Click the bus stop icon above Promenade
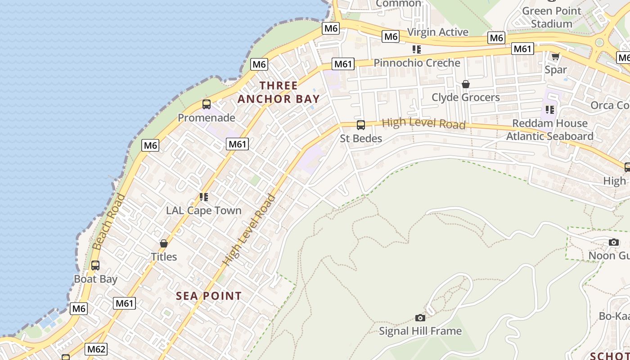coord(207,104)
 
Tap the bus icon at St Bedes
coord(360,125)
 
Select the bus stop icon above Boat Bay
coord(95,265)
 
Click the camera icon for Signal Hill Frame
coord(420,318)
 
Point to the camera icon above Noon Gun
coord(613,243)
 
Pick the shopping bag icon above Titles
coord(164,243)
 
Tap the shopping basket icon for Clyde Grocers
coord(466,84)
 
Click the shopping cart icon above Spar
coord(555,56)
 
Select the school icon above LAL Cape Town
coord(203,197)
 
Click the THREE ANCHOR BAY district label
coord(279,92)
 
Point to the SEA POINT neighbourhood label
coord(209,296)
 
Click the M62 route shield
coord(96,349)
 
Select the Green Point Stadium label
coord(551,17)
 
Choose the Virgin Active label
coord(438,32)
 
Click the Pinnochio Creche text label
coord(417,63)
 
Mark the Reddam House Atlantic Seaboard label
coord(550,130)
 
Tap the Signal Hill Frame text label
coord(420,331)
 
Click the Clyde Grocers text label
coord(466,97)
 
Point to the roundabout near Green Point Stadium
coord(599,42)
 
